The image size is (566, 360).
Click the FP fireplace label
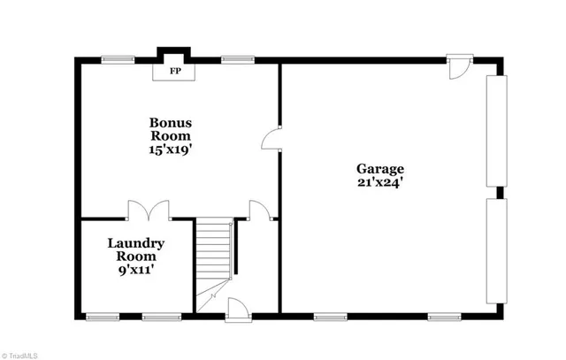pyautogui.click(x=175, y=72)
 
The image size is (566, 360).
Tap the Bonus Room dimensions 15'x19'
pyautogui.click(x=171, y=150)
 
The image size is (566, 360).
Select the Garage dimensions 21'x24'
pyautogui.click(x=380, y=184)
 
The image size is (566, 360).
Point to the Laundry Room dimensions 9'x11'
pyautogui.click(x=136, y=271)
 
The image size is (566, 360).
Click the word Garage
pyautogui.click(x=380, y=168)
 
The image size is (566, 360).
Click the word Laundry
pyautogui.click(x=136, y=242)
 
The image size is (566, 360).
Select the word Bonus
pyautogui.click(x=171, y=122)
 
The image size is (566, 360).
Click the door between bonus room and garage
pyautogui.click(x=273, y=140)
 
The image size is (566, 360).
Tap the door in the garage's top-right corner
pyautogui.click(x=459, y=69)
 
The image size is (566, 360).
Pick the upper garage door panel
pyautogui.click(x=497, y=129)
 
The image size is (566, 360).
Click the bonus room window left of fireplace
pyautogui.click(x=113, y=60)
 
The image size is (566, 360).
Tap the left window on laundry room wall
pyautogui.click(x=103, y=315)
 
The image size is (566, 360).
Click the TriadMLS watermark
pyautogui.click(x=20, y=355)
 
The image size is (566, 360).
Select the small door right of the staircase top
pyautogui.click(x=260, y=211)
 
